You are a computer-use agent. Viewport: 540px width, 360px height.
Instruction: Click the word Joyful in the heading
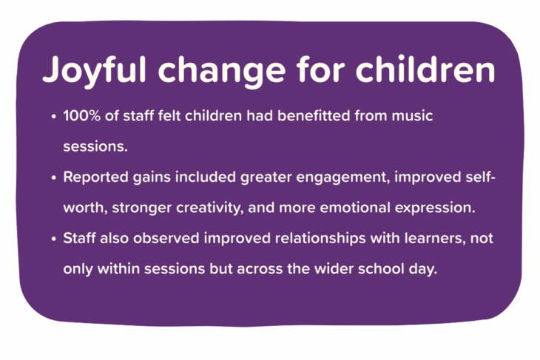[95, 71]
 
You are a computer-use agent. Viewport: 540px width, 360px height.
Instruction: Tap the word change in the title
[222, 71]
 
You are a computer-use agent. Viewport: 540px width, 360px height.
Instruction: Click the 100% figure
[81, 115]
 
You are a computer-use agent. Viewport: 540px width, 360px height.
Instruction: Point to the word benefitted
[314, 115]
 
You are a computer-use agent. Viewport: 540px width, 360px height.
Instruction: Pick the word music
[412, 115]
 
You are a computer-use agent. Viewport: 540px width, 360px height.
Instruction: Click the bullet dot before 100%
[53, 117]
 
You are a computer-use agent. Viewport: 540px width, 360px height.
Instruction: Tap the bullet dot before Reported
[53, 178]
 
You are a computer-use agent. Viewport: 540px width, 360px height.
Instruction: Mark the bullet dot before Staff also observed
[53, 239]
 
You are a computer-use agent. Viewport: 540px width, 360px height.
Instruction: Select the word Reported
[95, 177]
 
